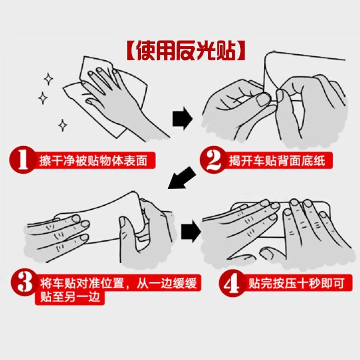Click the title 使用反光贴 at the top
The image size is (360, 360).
tap(186, 51)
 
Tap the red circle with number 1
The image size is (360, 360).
tap(23, 160)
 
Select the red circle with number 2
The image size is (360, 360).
tap(213, 160)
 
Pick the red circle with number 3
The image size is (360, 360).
tap(25, 283)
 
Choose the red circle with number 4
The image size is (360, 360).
tap(232, 283)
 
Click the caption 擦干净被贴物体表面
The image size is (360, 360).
tap(93, 161)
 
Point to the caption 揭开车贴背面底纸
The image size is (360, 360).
tap(277, 161)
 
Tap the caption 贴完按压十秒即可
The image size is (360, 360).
tap(297, 283)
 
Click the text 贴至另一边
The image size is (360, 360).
tap(71, 297)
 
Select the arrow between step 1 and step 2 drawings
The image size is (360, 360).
tap(183, 118)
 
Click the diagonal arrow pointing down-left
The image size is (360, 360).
tap(181, 178)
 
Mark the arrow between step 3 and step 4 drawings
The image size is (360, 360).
tap(191, 231)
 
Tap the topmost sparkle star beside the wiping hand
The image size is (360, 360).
tap(49, 79)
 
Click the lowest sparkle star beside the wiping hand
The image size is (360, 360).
tap(63, 126)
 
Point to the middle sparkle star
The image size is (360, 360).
tap(43, 98)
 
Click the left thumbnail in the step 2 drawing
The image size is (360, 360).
tap(263, 100)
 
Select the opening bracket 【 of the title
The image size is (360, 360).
tap(131, 51)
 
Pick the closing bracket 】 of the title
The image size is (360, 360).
tap(241, 51)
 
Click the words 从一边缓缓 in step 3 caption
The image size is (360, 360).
tap(166, 283)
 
